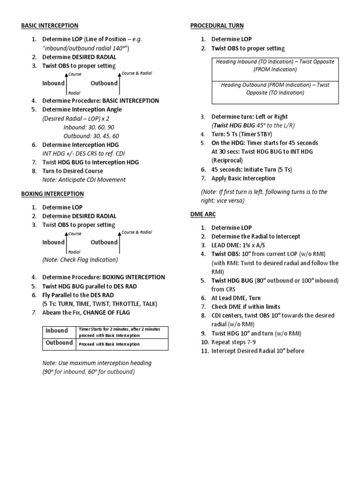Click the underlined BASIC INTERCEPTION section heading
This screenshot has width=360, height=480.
click(x=50, y=25)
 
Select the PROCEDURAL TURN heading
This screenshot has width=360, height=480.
click(x=217, y=25)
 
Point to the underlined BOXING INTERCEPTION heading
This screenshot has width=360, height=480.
click(x=52, y=194)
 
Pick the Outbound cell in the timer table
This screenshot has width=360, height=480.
click(x=59, y=343)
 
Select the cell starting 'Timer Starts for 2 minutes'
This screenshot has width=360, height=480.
click(x=121, y=332)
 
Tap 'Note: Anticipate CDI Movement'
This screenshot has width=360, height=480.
click(x=84, y=180)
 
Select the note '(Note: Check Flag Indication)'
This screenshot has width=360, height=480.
click(x=80, y=259)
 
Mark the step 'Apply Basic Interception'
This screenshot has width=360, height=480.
click(x=243, y=178)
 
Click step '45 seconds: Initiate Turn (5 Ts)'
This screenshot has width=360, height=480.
click(x=251, y=169)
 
